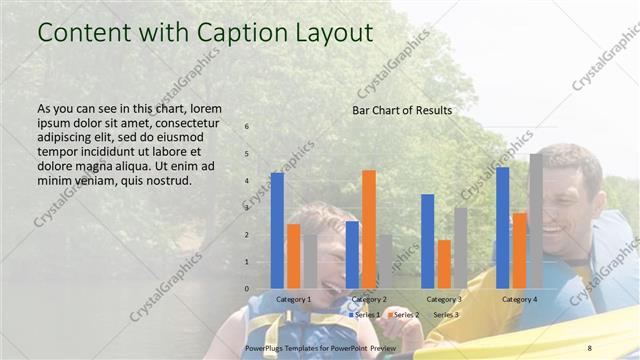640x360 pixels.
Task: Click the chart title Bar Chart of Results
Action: coord(401,110)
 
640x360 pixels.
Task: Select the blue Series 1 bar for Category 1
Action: coord(277,230)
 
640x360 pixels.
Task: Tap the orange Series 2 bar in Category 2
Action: coord(369,229)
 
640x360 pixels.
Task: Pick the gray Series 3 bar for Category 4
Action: coord(536,221)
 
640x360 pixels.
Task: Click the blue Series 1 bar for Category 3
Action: coord(428,241)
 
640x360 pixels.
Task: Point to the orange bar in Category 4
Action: coord(520,250)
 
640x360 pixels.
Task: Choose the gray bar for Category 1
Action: coord(310,262)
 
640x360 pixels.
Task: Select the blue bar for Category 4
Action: coord(503,227)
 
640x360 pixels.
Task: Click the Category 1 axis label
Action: coord(294,299)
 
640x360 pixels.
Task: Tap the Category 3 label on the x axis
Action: coord(444,299)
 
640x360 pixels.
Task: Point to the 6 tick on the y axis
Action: coord(247,127)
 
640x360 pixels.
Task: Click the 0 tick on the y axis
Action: coord(247,288)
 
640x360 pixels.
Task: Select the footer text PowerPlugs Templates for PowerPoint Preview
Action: coord(320,346)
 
